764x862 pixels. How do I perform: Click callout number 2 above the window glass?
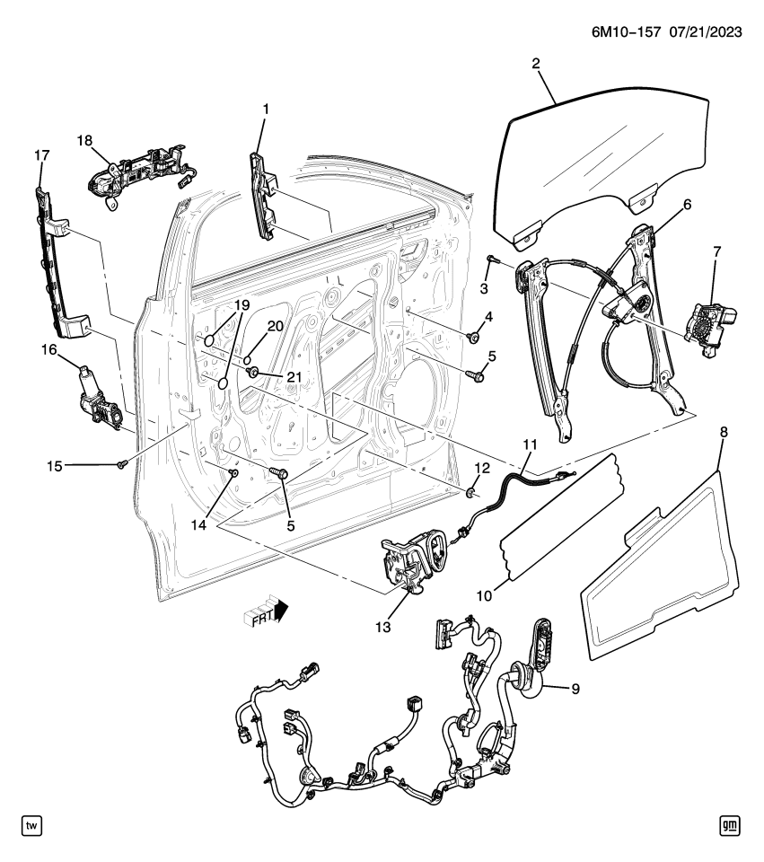(x=536, y=64)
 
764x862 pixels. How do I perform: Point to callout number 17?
(x=41, y=155)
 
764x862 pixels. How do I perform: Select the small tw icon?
(x=31, y=825)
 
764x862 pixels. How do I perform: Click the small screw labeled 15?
(x=121, y=464)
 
